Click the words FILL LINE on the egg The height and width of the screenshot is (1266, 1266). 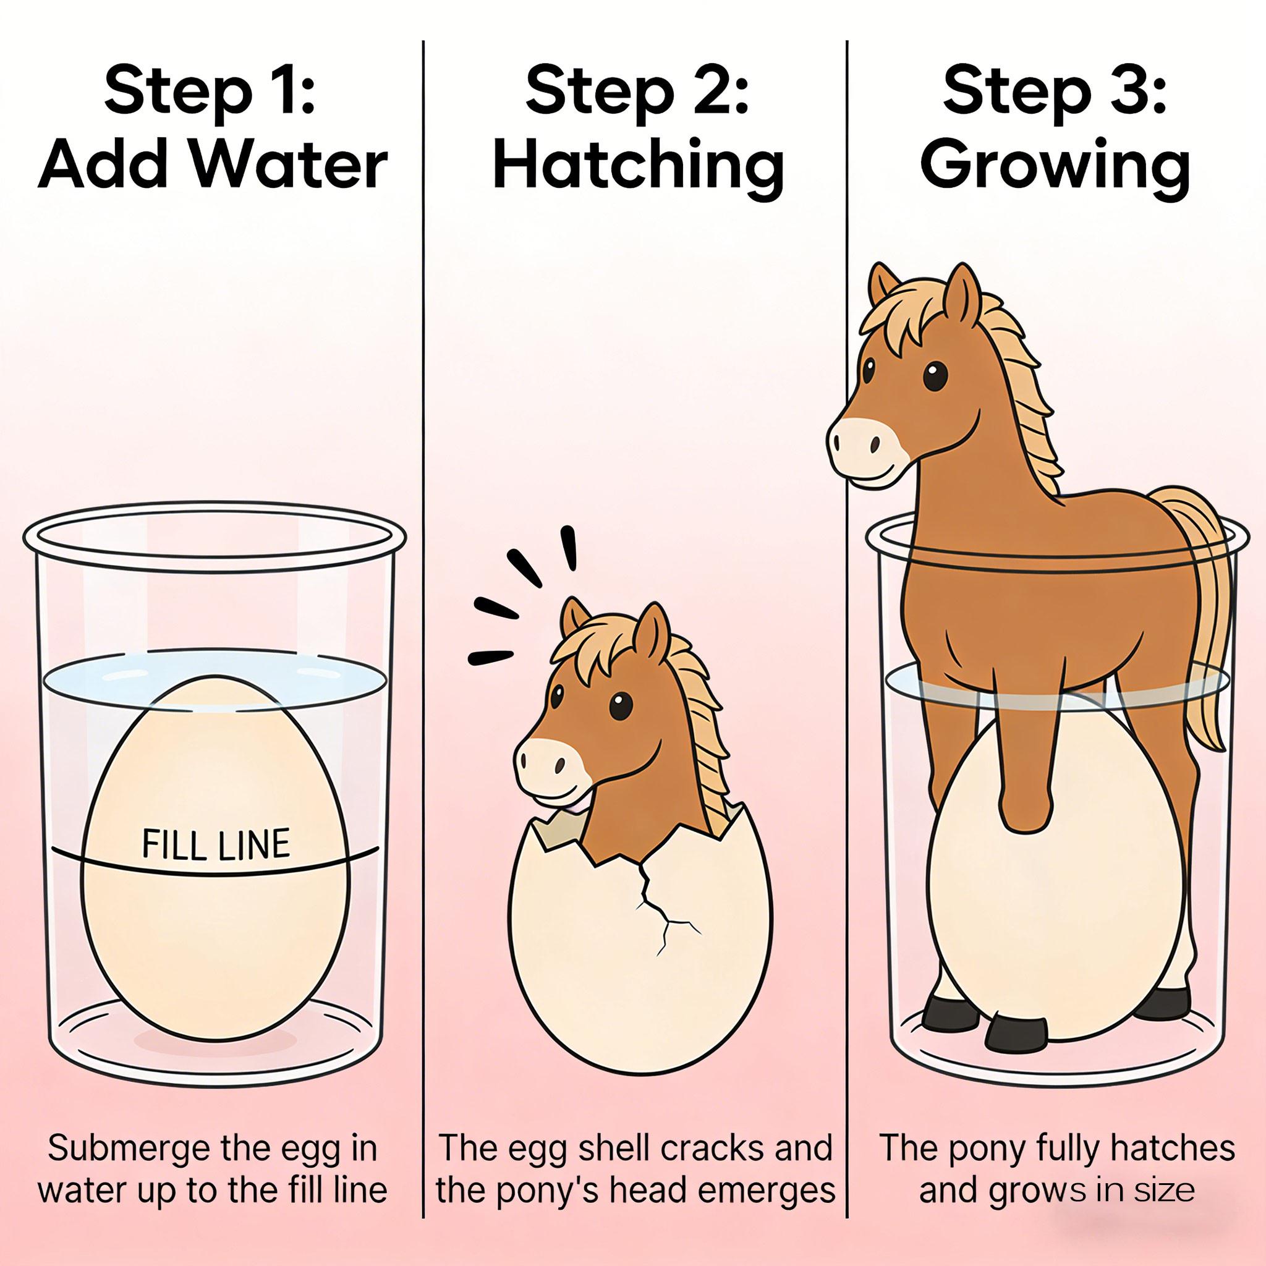point(216,844)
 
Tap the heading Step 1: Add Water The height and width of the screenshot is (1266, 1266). point(211,128)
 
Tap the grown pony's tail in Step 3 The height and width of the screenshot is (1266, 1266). point(1205,622)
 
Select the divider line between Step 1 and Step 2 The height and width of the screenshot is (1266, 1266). point(423,655)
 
